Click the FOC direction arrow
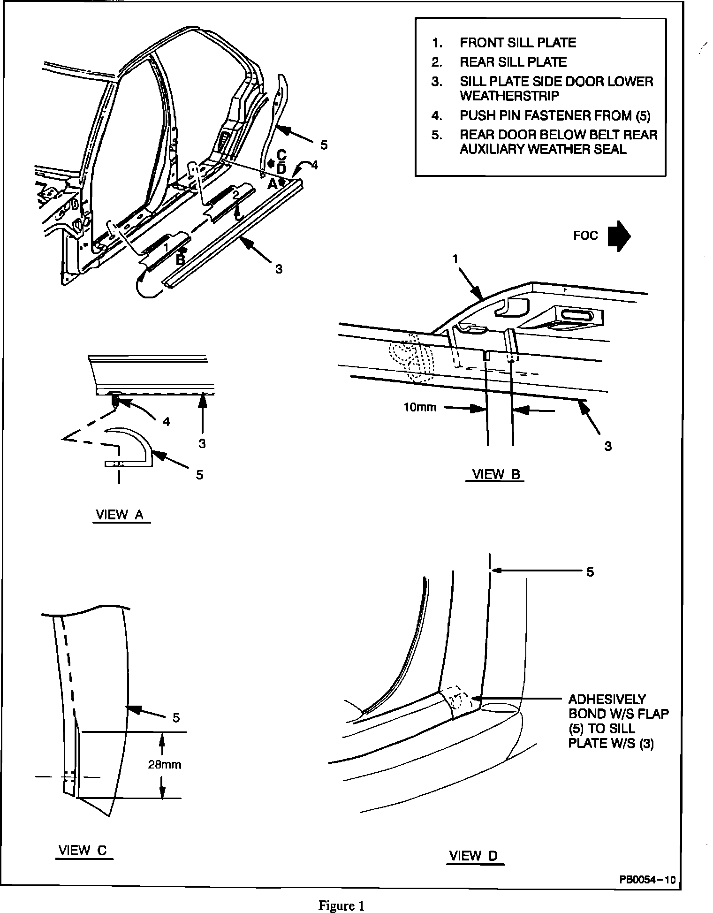click(x=619, y=236)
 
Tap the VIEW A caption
click(x=119, y=515)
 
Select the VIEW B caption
click(x=496, y=474)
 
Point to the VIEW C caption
click(x=83, y=850)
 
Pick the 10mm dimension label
click(x=420, y=407)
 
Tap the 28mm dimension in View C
click(x=165, y=765)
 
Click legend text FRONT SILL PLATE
click(x=517, y=43)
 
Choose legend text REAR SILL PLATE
click(x=513, y=62)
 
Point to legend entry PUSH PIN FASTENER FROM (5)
click(x=554, y=115)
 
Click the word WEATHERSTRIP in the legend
click(x=509, y=96)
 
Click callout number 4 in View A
click(x=166, y=422)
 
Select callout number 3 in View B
click(x=608, y=446)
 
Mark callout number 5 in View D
click(x=590, y=571)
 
